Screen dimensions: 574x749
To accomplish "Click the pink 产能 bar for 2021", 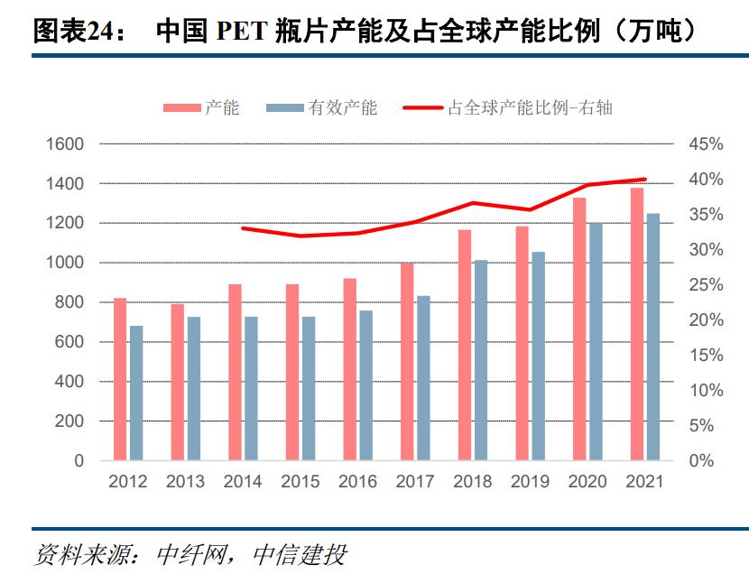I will [x=637, y=325].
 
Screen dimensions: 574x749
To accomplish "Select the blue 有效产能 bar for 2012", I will [x=136, y=393].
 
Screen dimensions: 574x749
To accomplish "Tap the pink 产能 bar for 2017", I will [x=407, y=362].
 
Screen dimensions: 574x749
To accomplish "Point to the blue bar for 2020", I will [x=596, y=342].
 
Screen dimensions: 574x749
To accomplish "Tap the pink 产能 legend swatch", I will [x=181, y=107].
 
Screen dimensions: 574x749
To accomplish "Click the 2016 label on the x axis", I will [x=357, y=482].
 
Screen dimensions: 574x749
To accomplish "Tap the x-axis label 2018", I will [x=473, y=482].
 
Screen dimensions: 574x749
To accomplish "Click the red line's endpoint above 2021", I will [x=645, y=180].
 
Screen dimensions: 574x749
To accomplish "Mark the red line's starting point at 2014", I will [x=243, y=228].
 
